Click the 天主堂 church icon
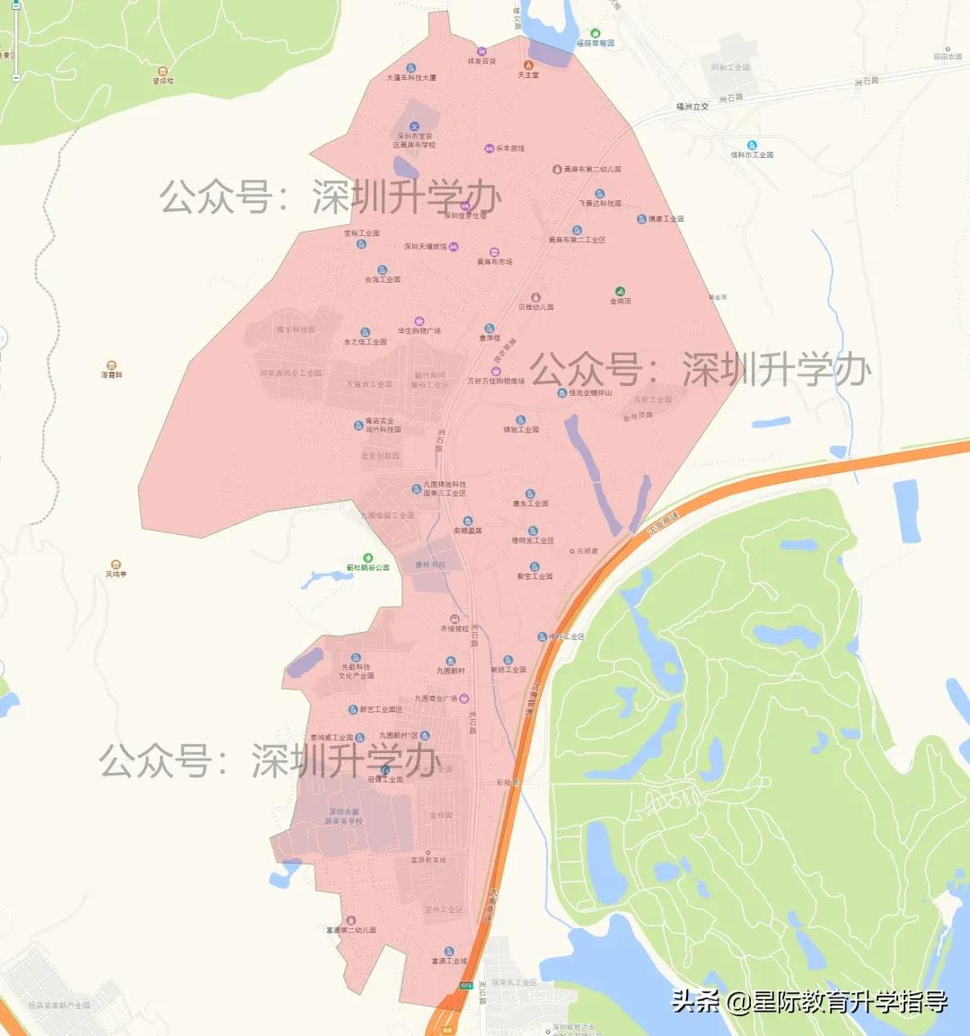point(528,65)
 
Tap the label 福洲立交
point(692,107)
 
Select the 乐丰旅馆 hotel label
point(510,149)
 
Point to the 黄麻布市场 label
point(495,262)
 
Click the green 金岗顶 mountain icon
point(620,291)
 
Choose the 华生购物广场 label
point(419,331)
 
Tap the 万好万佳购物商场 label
point(495,382)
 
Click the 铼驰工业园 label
point(521,430)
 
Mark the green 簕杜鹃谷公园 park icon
point(367,558)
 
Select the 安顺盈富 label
point(467,531)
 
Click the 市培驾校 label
point(454,629)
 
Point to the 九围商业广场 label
point(436,698)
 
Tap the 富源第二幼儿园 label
point(351,931)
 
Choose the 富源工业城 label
point(449,961)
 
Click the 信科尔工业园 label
point(752,155)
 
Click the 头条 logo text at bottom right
point(696,1002)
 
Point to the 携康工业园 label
point(666,219)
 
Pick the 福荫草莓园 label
point(595,43)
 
